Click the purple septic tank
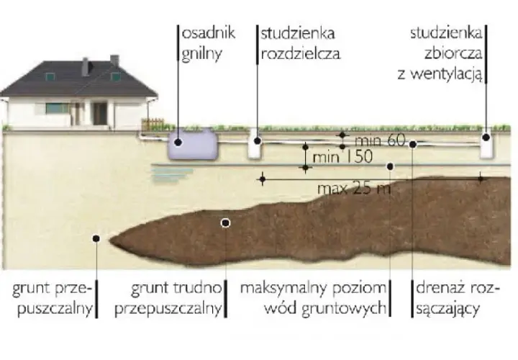coord(193,145)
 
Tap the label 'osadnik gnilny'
coord(209,43)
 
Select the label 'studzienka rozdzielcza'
coord(300,43)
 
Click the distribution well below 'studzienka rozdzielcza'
coord(255,143)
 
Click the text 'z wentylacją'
coord(440,75)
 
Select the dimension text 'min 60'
coord(380,140)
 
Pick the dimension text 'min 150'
coord(342,157)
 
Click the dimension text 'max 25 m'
coord(354,189)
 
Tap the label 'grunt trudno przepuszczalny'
coord(168,299)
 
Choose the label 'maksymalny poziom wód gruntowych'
coord(313,299)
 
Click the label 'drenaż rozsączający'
coord(458,299)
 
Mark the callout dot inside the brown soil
coord(225,223)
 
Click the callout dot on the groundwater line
coord(390,166)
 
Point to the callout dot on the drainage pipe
coord(413,144)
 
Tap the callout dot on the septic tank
coord(178,142)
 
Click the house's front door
coord(99,114)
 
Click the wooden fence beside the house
coord(153,125)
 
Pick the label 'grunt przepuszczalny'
coord(53,299)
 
